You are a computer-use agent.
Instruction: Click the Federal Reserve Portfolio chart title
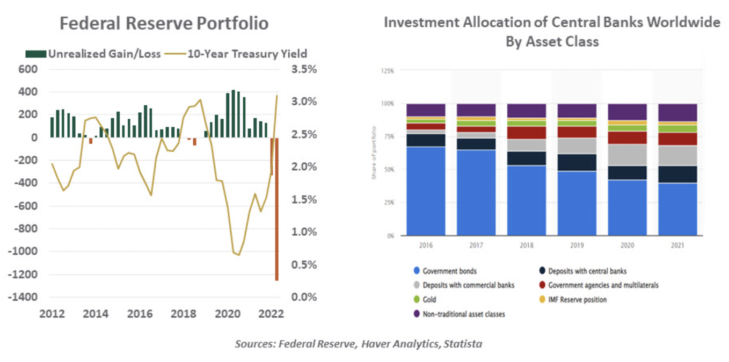(x=164, y=24)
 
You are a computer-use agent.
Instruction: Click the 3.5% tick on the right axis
(x=303, y=69)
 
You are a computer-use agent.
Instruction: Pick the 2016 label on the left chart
(x=137, y=314)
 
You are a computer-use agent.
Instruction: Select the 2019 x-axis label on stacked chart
(x=577, y=245)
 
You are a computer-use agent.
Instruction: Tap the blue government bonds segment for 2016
(x=426, y=191)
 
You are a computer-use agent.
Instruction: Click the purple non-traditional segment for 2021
(x=677, y=112)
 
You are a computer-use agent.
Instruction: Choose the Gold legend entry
(x=429, y=300)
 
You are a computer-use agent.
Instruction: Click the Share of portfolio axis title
(x=374, y=153)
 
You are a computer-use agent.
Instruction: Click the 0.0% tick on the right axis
(x=303, y=297)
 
